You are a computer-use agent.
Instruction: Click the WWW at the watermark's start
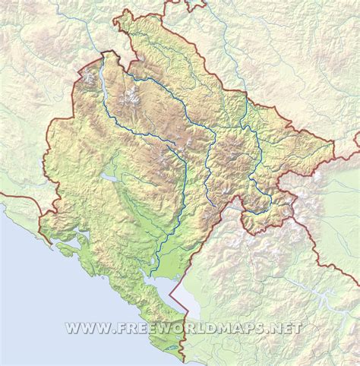pyautogui.click(x=83, y=328)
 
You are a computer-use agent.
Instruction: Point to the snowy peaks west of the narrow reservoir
pyautogui.click(x=90, y=77)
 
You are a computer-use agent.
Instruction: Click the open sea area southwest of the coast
pyautogui.click(x=30, y=304)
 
